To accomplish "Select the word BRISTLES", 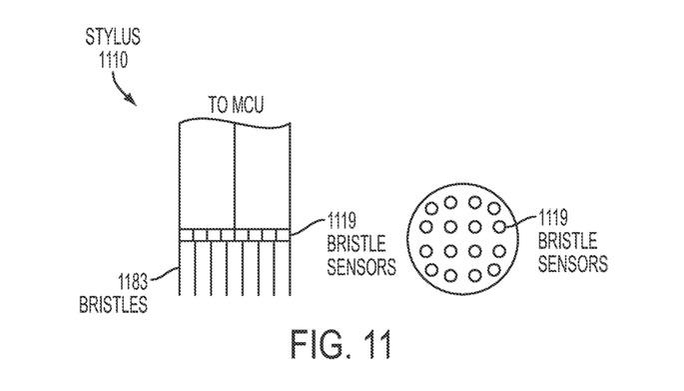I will [x=111, y=303].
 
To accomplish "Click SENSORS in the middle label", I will [x=359, y=267].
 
